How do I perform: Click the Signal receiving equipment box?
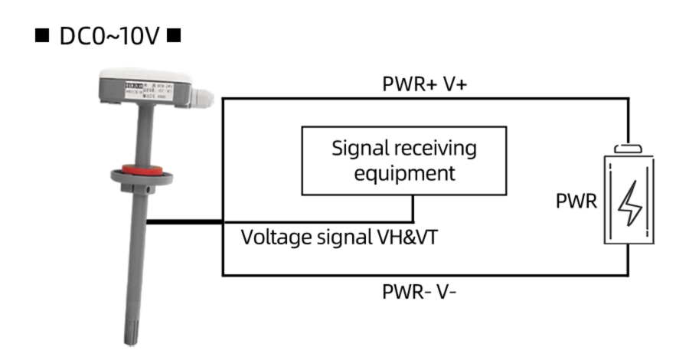[x=403, y=160]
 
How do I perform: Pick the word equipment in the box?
[x=403, y=173]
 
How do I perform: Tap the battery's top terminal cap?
[x=630, y=147]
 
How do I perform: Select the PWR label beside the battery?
[x=576, y=202]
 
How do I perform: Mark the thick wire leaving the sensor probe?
[x=184, y=222]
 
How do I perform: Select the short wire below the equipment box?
[x=414, y=208]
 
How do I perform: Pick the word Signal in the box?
[x=360, y=148]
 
